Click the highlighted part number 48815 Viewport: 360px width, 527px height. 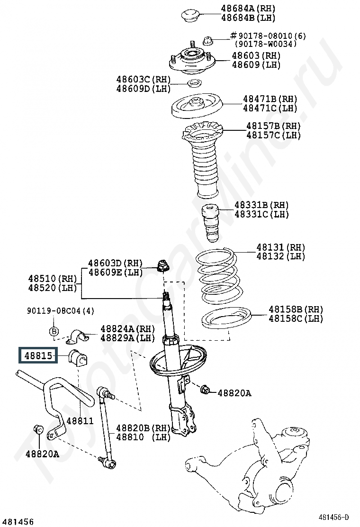tap(38, 355)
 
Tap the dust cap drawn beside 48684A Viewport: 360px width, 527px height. tap(190, 16)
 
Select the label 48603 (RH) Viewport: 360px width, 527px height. tap(256, 55)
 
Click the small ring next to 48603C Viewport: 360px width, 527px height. tap(194, 82)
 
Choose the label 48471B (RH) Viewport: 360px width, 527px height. tap(270, 99)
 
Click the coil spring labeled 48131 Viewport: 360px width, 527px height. tap(218, 276)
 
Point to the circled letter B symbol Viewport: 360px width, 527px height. tap(54, 331)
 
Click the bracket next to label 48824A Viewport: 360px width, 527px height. tap(78, 336)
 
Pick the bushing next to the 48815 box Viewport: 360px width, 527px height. tap(78, 356)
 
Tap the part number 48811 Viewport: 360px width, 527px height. tap(80, 420)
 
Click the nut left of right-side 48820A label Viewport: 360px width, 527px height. tap(205, 390)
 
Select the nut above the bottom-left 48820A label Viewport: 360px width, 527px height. tap(38, 429)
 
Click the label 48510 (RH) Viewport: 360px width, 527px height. tap(53, 279)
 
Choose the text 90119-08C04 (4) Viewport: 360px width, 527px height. tap(61, 311)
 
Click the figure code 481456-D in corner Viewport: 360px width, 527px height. tap(334, 517)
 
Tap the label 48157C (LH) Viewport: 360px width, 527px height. tap(273, 135)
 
